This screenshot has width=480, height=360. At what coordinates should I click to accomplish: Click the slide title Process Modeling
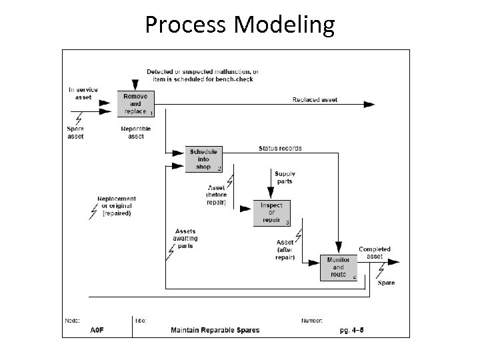click(x=240, y=25)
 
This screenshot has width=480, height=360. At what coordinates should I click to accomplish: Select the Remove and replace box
click(x=136, y=105)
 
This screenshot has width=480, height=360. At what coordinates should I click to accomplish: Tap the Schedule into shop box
click(x=203, y=159)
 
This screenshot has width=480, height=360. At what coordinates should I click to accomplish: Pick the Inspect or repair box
click(x=271, y=213)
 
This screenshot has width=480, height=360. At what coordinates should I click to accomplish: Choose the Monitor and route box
click(x=339, y=267)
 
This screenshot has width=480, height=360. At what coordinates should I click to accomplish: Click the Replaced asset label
click(x=315, y=100)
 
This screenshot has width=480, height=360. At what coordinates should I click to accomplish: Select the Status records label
click(x=280, y=148)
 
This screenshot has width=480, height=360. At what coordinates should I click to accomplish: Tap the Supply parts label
click(x=284, y=177)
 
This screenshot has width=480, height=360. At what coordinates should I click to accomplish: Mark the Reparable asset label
click(x=136, y=132)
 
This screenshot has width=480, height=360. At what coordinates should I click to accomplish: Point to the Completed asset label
click(x=375, y=253)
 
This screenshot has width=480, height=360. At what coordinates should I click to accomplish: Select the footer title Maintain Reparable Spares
click(x=215, y=330)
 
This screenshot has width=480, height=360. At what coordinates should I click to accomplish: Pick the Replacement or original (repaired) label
click(x=117, y=206)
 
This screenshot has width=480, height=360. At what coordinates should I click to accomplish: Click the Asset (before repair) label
click(x=216, y=195)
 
